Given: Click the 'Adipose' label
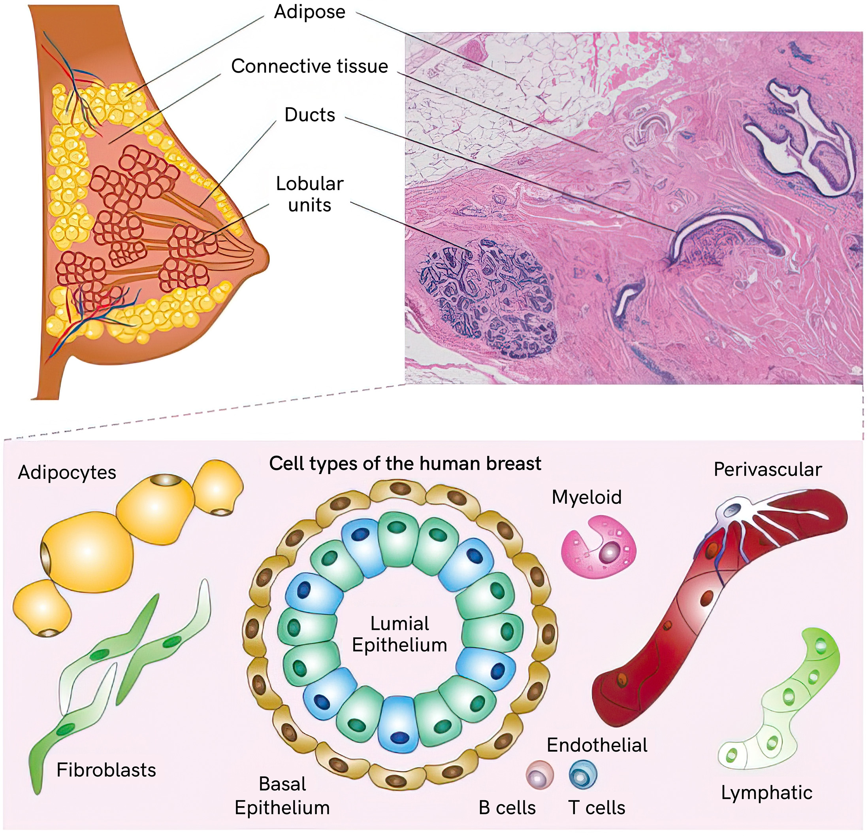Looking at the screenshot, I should coord(310,12).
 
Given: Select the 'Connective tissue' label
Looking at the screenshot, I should coord(310,66).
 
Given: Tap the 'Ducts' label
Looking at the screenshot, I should coord(310,115).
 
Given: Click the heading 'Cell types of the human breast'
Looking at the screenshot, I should coord(405,464).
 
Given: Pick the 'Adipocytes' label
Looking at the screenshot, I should coord(67,473).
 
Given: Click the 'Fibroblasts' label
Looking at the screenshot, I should coord(106,771).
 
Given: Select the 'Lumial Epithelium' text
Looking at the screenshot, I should coord(399,635).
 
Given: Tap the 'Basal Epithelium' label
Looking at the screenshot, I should coord(282,796).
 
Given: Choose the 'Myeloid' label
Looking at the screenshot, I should coord(586,497).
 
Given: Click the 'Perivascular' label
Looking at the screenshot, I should coord(768,470).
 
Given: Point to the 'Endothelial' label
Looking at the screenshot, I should coord(597,745).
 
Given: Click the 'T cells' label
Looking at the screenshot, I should coord(596,808).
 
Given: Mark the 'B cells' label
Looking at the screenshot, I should coord(507,808).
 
